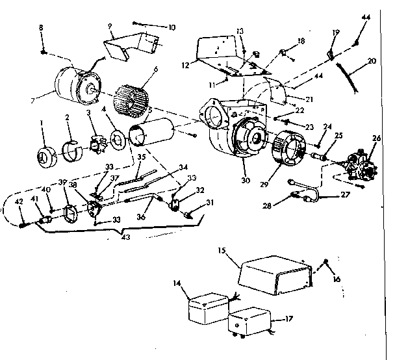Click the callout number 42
click(19, 201)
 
